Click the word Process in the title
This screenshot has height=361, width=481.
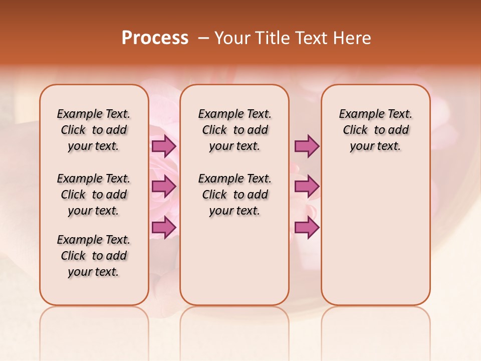(155, 38)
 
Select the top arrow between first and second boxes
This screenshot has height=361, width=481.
(164, 146)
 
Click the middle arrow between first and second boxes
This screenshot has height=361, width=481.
(164, 187)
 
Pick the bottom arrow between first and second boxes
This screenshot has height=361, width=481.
(164, 227)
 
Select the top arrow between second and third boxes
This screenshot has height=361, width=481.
(307, 146)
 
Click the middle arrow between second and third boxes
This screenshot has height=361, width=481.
(307, 187)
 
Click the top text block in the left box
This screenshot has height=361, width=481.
(94, 130)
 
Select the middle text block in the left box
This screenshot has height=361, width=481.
(94, 195)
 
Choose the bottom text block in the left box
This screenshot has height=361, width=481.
(94, 256)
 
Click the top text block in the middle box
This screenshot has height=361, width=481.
(234, 130)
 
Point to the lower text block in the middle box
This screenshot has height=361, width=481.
(234, 195)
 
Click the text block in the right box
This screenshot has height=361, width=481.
(376, 130)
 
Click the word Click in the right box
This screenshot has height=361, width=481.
(355, 130)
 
